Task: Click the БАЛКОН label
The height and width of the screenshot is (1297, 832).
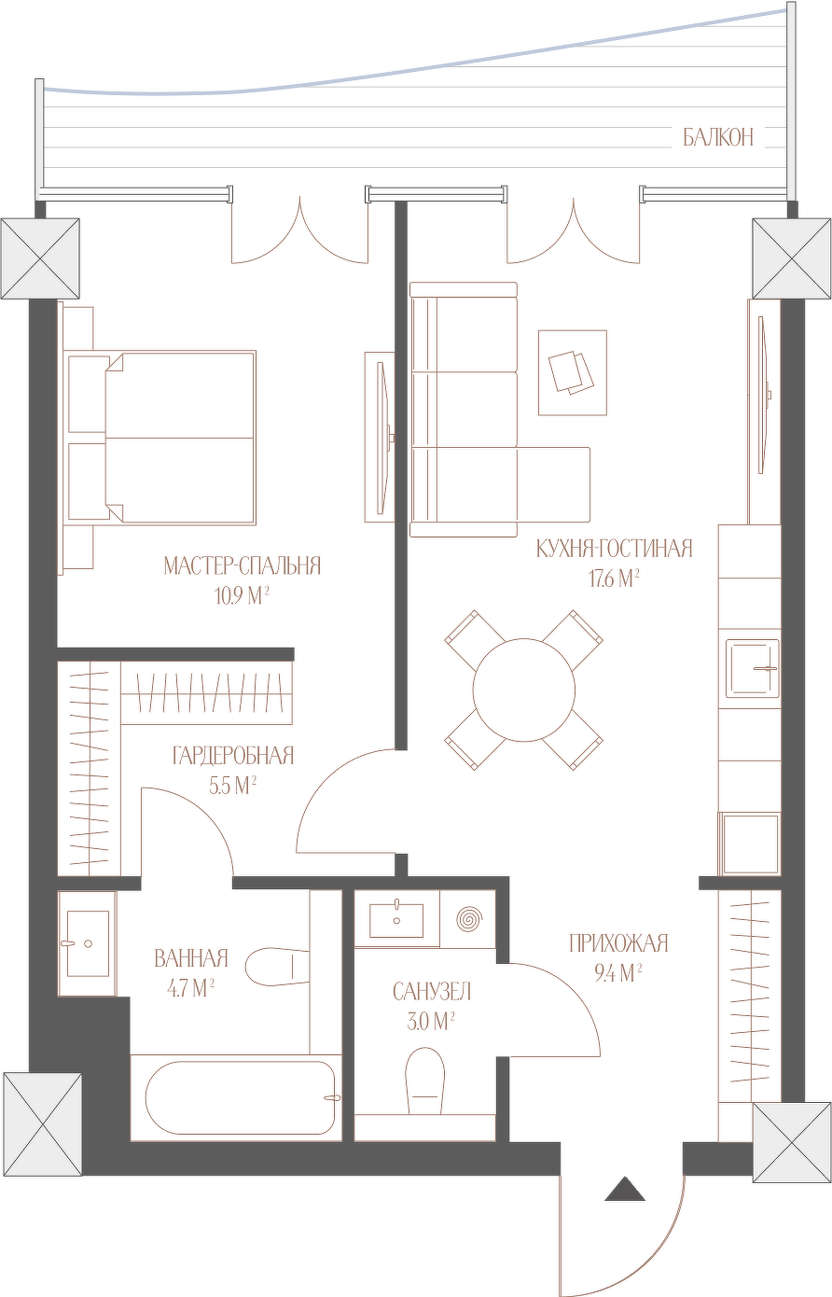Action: (718, 138)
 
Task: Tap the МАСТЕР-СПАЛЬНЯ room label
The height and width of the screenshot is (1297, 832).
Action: (242, 565)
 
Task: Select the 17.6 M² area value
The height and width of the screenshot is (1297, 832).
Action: (614, 579)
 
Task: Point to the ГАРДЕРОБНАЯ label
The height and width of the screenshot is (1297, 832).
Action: (233, 756)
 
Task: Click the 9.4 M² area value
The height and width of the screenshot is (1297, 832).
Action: (618, 974)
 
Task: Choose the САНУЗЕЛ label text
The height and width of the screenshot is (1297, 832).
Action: (432, 992)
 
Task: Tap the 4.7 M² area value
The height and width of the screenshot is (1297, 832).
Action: (191, 989)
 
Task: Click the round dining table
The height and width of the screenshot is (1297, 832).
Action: (524, 690)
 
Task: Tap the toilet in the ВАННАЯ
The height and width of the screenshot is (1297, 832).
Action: (277, 966)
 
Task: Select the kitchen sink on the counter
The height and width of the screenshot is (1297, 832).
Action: (753, 668)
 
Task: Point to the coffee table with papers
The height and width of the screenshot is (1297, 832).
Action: (573, 372)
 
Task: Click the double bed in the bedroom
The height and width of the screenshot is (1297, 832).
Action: (162, 438)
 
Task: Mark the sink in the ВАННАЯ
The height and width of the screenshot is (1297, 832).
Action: (88, 943)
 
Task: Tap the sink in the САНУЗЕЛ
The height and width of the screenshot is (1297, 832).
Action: (396, 918)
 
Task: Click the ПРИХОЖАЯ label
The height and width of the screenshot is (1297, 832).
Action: (618, 943)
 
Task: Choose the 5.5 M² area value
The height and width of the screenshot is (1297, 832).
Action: (233, 787)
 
